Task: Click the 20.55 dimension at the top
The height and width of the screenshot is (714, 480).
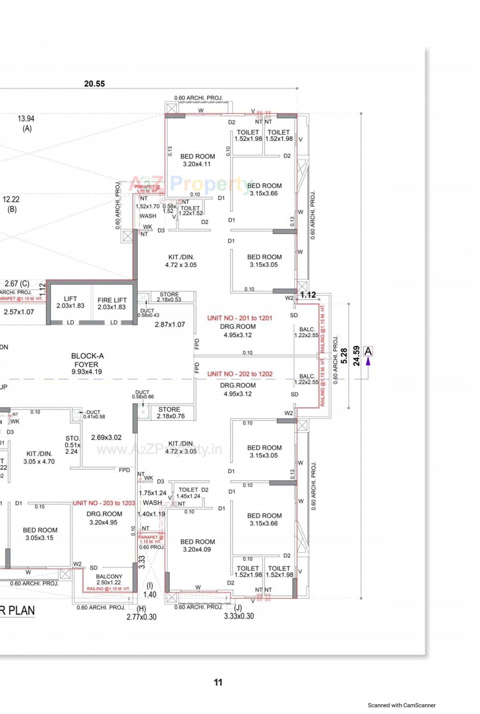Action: (x=94, y=83)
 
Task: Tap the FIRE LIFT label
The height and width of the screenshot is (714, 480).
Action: (x=112, y=303)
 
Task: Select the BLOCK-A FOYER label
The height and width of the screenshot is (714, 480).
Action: (x=87, y=363)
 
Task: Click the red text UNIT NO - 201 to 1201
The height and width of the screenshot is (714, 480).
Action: (x=240, y=318)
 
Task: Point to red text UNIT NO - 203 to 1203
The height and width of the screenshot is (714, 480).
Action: (x=104, y=503)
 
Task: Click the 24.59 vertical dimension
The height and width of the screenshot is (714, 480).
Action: (x=356, y=356)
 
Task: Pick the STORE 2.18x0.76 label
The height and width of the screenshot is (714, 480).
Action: (x=170, y=412)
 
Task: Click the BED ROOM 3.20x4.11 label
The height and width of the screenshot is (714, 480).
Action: (x=197, y=160)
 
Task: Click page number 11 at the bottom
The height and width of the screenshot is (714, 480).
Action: (x=218, y=682)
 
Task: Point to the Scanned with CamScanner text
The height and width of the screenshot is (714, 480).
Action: (x=402, y=705)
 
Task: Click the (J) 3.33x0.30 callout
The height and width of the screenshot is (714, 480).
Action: (x=239, y=612)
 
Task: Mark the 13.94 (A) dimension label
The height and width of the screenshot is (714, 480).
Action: (x=26, y=123)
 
